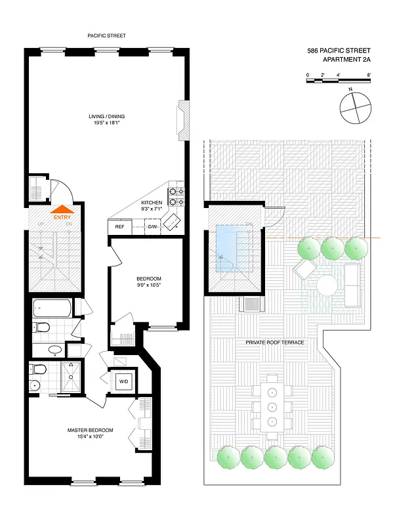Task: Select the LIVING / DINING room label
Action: click(107, 117)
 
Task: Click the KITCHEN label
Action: click(152, 203)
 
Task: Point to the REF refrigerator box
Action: click(119, 226)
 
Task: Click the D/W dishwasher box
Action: click(152, 226)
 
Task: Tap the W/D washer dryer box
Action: click(123, 381)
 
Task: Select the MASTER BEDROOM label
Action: click(91, 430)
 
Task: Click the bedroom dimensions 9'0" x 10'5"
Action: click(148, 285)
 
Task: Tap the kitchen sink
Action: click(173, 222)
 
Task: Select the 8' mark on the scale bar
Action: click(369, 75)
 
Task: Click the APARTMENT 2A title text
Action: click(346, 60)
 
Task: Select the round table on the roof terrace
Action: click(327, 285)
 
